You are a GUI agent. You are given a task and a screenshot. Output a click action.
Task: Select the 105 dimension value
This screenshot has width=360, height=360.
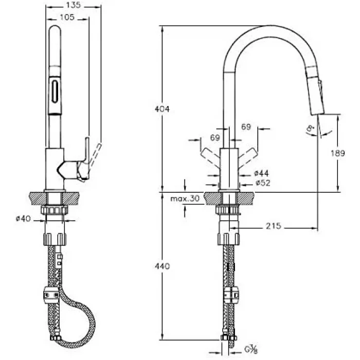(67, 17)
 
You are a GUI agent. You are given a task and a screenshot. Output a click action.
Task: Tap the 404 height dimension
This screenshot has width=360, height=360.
(162, 109)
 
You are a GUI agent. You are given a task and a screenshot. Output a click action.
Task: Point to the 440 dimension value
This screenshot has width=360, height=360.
(162, 266)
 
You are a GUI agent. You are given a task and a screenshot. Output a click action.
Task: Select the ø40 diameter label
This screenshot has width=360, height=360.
(24, 219)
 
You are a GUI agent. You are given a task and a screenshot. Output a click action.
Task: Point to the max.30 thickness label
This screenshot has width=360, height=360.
(185, 199)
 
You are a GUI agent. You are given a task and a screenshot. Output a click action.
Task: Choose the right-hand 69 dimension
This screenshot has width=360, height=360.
(246, 126)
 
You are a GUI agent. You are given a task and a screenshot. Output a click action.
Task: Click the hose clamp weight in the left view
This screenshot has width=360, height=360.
(50, 297)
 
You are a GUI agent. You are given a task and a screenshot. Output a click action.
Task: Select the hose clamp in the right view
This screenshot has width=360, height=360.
(232, 295)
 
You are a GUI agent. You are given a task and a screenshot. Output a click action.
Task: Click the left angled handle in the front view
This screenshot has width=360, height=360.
(209, 155)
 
